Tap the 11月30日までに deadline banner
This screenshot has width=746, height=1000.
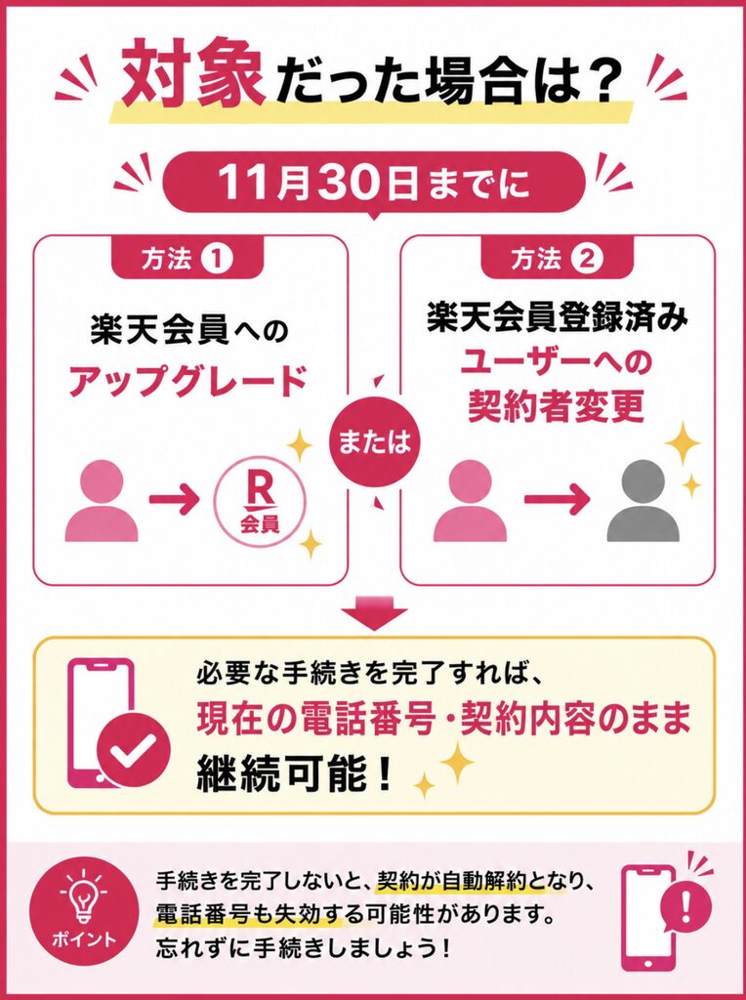coord(375,183)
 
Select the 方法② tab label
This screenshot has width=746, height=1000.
coord(557,259)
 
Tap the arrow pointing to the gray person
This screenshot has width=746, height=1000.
coord(556,500)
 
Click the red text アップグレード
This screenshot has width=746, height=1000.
coord(188,383)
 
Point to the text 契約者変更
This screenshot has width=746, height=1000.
coord(556,407)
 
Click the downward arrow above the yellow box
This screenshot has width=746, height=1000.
coord(375,613)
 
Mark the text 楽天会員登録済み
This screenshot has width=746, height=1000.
coord(558,320)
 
